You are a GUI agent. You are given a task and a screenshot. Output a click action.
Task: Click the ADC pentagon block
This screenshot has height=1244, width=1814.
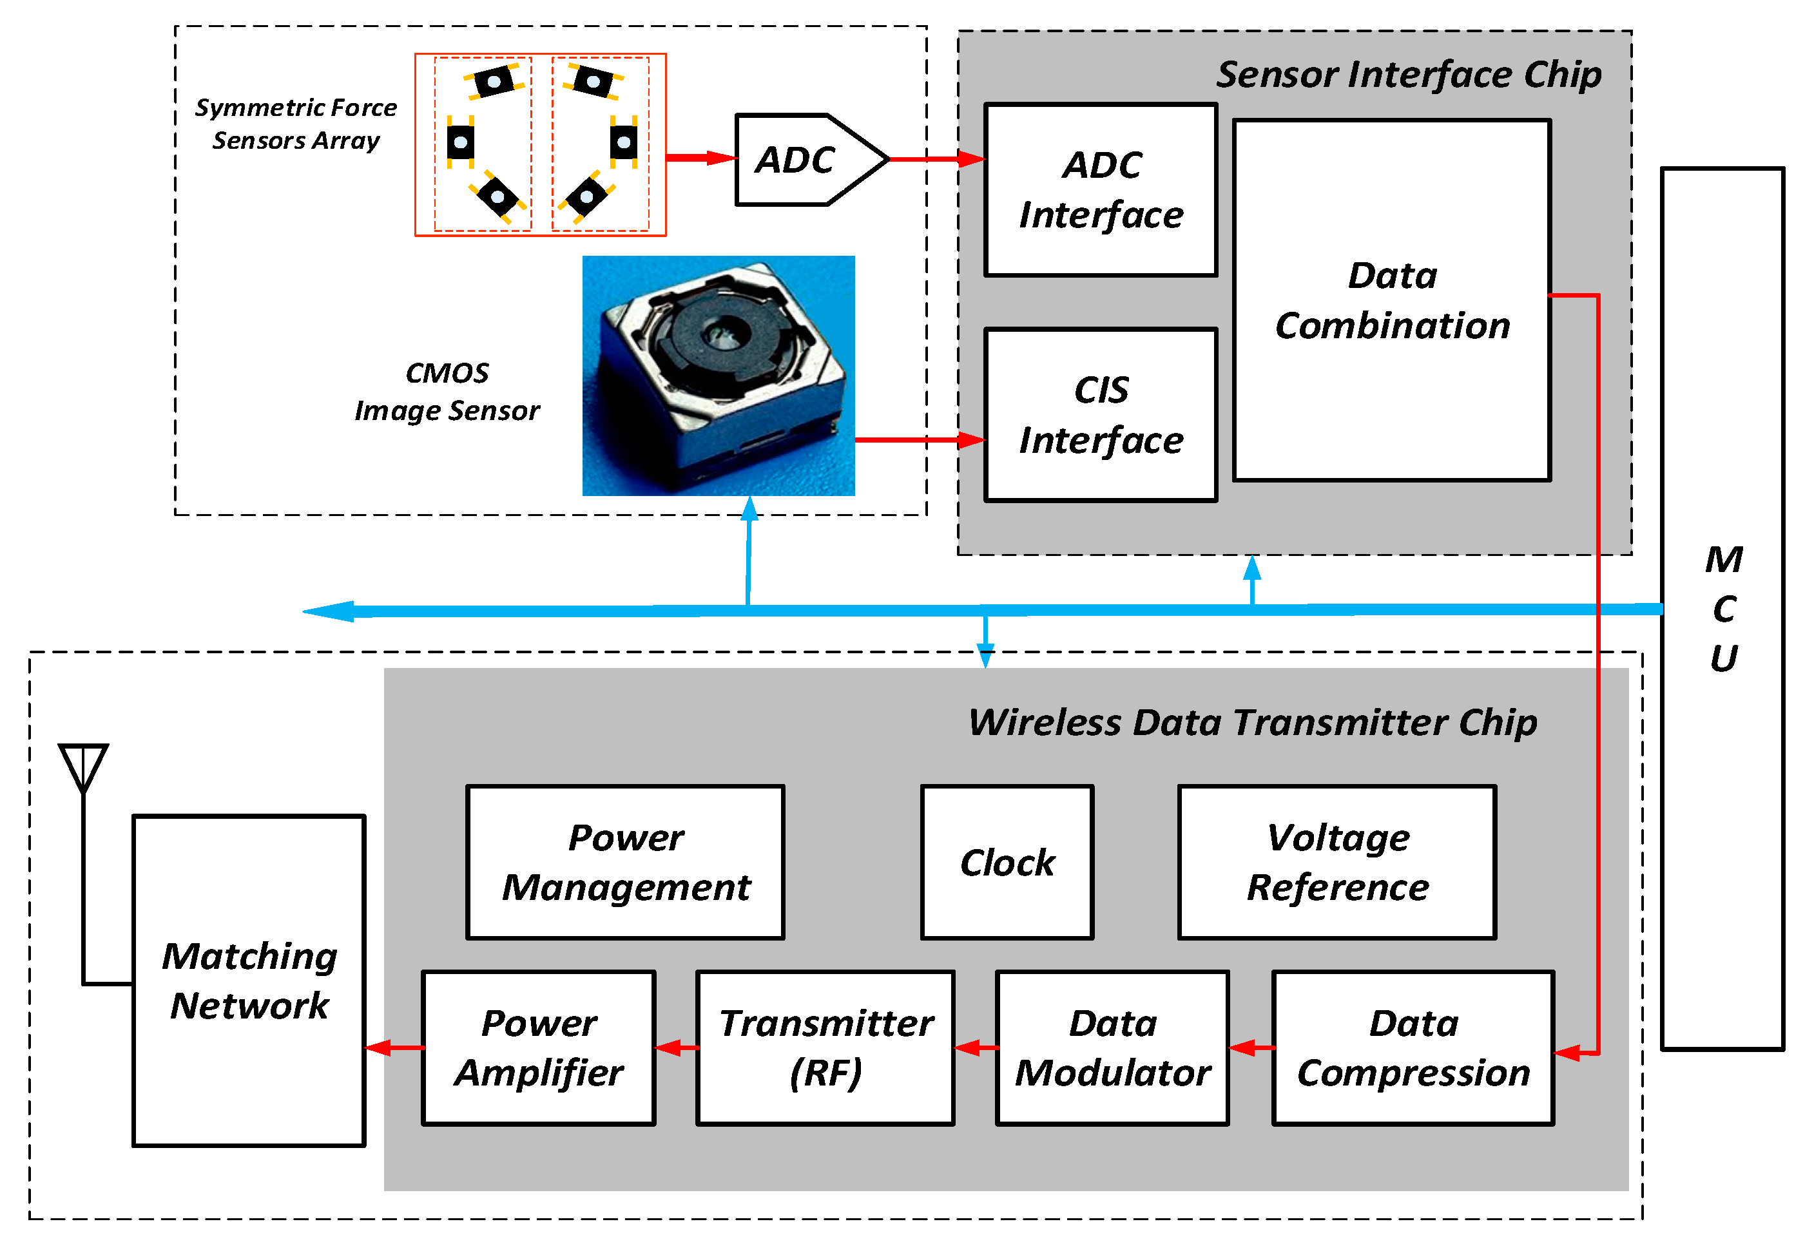[x=804, y=160]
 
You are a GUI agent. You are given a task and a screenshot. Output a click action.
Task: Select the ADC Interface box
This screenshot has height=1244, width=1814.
[x=1100, y=189]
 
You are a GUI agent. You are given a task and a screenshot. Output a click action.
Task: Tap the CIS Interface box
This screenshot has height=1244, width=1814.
[x=1100, y=414]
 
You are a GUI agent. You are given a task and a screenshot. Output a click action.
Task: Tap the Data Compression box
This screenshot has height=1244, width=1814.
[x=1412, y=1048]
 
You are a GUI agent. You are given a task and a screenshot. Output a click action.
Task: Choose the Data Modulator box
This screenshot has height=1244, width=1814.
[x=1112, y=1048]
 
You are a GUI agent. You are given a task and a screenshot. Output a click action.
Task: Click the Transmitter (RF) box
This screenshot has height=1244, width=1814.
[x=824, y=1048]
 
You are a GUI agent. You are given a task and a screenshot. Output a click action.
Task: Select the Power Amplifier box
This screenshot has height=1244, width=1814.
[x=538, y=1048]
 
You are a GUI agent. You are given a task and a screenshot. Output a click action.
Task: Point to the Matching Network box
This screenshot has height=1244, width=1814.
[x=249, y=981]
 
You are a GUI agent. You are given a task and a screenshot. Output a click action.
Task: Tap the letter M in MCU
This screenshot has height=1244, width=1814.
[x=1723, y=560]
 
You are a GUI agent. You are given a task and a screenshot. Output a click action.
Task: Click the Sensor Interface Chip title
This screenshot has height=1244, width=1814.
[x=1408, y=75]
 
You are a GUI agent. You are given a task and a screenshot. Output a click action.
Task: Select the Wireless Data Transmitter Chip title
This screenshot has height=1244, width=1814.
[x=1252, y=722]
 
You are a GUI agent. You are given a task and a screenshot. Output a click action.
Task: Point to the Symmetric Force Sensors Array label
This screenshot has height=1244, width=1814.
[x=296, y=123]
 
